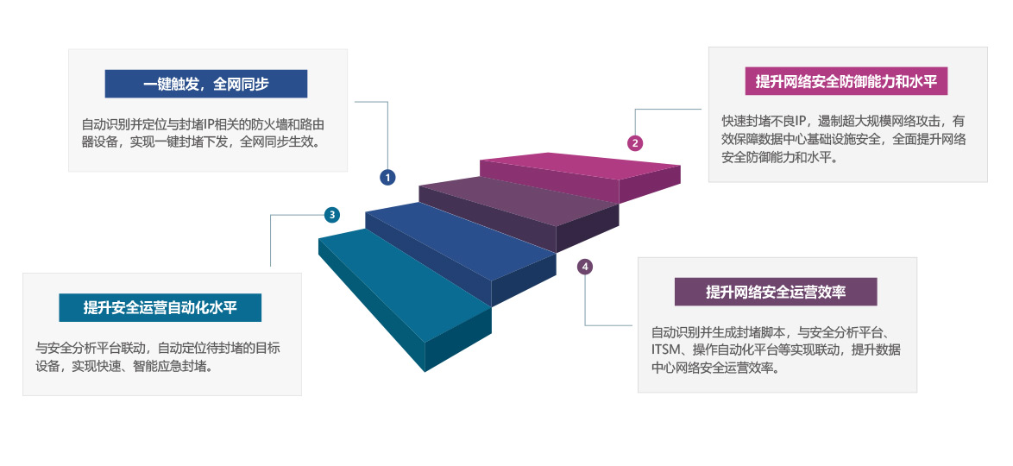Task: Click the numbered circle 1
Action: point(387,177)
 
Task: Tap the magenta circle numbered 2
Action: point(635,143)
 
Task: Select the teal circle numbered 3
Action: point(332,215)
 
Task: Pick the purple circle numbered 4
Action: point(585,267)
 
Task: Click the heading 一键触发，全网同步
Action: point(206,84)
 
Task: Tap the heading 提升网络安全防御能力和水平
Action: point(846,81)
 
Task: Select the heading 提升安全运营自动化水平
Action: point(160,308)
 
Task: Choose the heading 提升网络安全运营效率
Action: point(776,293)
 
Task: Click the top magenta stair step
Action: point(580,166)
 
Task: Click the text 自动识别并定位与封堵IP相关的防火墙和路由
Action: point(203,124)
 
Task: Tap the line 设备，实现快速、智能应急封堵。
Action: point(124,366)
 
